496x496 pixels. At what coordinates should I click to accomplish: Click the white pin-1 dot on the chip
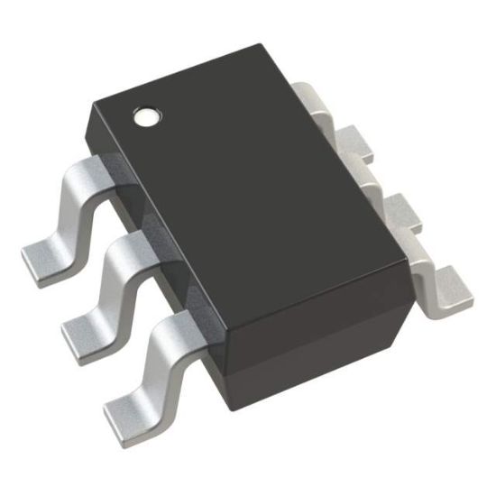[145, 116]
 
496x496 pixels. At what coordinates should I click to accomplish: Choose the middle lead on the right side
[356, 144]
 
